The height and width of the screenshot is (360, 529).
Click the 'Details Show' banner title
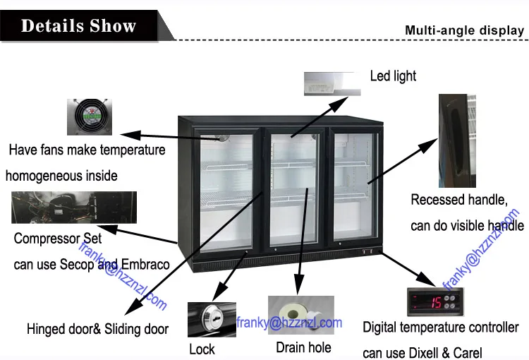78,26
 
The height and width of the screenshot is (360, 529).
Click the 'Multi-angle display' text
464,30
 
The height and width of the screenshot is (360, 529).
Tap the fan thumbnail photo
90,116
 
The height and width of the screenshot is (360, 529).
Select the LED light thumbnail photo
332,83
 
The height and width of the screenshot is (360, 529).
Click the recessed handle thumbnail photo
456,138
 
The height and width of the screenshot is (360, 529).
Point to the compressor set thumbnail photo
74,208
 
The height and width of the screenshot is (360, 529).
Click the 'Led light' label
393,76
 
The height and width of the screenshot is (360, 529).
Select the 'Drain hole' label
303,347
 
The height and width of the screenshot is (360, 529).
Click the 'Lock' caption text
202,349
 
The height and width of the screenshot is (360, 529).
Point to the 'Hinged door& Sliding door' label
97,329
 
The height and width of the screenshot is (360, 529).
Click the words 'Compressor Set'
58,239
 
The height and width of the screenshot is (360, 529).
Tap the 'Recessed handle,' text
458,200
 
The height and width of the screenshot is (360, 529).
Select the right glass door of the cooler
354,184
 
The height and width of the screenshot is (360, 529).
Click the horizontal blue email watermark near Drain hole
288,323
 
